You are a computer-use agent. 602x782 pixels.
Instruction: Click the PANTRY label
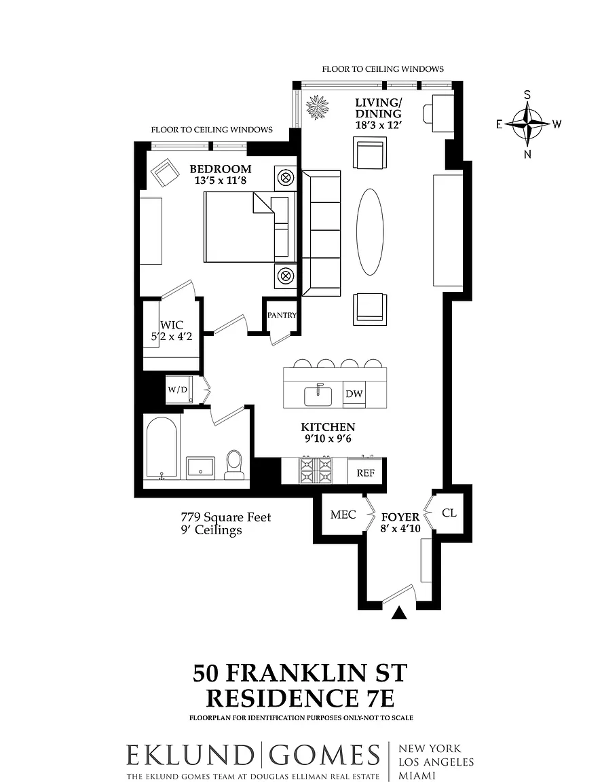click(282, 315)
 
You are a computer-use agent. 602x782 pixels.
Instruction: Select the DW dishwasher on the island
click(354, 394)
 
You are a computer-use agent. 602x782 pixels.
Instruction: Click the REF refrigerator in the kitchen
click(366, 472)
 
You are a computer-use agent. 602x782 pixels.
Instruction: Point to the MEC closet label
click(343, 514)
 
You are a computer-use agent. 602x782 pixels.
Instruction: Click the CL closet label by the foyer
click(449, 513)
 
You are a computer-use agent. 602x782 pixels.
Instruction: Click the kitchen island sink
click(318, 395)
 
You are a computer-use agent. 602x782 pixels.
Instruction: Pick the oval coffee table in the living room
click(370, 231)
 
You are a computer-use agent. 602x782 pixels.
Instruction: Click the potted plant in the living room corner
click(317, 107)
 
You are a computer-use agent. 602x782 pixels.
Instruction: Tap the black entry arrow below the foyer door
click(399, 613)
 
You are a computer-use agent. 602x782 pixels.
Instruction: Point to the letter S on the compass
click(527, 95)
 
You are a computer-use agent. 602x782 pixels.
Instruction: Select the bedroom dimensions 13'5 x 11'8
click(221, 180)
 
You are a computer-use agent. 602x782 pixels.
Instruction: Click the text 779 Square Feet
click(226, 517)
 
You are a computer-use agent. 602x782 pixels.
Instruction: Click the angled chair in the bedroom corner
click(166, 172)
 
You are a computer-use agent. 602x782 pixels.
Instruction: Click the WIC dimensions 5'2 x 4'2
click(172, 337)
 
